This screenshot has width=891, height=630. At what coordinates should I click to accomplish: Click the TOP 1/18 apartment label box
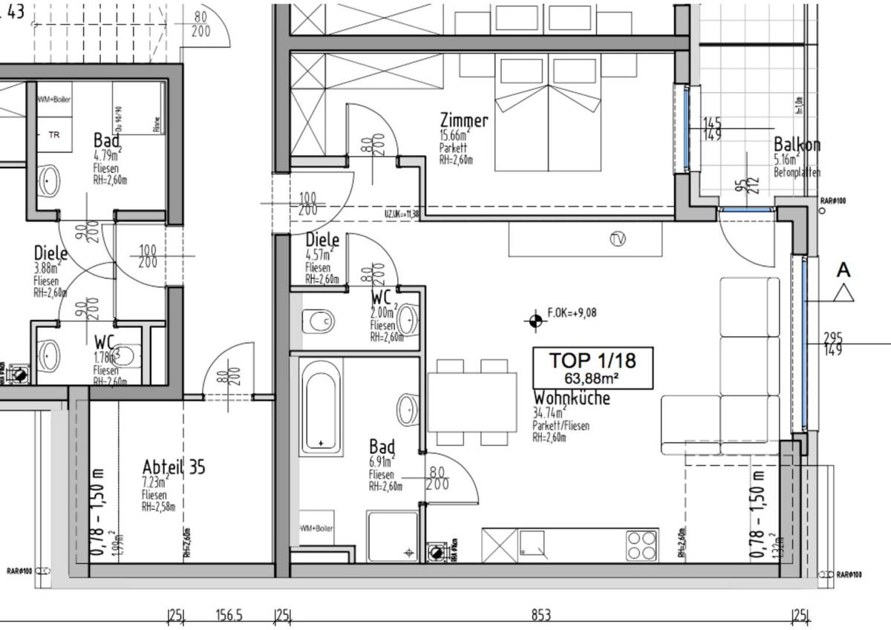(593, 367)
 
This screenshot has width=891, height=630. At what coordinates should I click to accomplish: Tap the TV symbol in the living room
(616, 239)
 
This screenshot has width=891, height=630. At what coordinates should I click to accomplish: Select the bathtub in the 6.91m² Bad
(321, 407)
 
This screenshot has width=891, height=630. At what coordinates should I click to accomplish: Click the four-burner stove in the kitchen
(642, 546)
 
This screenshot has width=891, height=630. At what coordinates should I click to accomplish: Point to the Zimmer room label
(463, 121)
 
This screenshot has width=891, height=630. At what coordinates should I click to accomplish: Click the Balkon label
(797, 145)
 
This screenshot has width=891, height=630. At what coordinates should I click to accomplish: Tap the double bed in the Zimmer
(548, 111)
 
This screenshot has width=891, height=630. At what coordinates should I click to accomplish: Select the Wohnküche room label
(571, 398)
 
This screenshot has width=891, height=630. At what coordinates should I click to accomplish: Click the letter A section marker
(843, 271)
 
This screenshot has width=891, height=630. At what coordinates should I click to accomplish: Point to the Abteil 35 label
(174, 467)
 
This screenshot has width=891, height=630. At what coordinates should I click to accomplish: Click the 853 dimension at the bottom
(541, 615)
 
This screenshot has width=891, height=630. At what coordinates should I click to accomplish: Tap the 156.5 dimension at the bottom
(229, 615)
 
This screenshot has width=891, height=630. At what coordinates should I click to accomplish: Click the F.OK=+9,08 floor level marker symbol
(533, 321)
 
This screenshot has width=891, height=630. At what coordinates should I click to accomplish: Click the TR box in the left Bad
(54, 135)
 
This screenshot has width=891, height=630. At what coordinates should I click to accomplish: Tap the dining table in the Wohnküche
(471, 402)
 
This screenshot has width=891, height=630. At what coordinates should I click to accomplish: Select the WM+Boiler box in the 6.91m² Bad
(316, 528)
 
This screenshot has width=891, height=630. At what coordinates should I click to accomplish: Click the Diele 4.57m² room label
(322, 240)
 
